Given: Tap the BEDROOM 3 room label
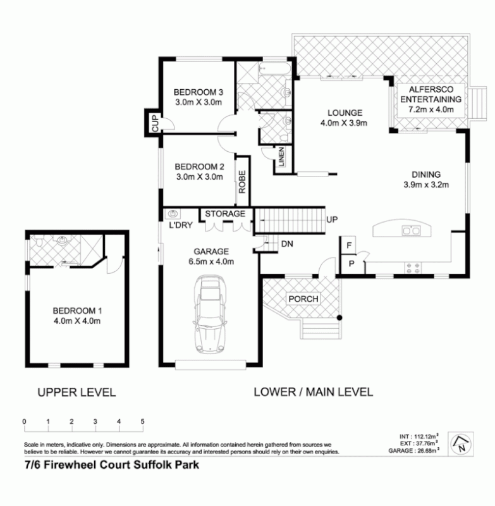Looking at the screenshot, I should pos(199,90).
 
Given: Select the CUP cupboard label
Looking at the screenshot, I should pos(154,121).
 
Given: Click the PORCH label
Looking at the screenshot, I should pos(303,299).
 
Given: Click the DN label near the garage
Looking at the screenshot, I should pos(287,244).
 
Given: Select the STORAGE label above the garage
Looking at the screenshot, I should pos(224,214).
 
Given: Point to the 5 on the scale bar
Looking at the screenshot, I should pos(142,421).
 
